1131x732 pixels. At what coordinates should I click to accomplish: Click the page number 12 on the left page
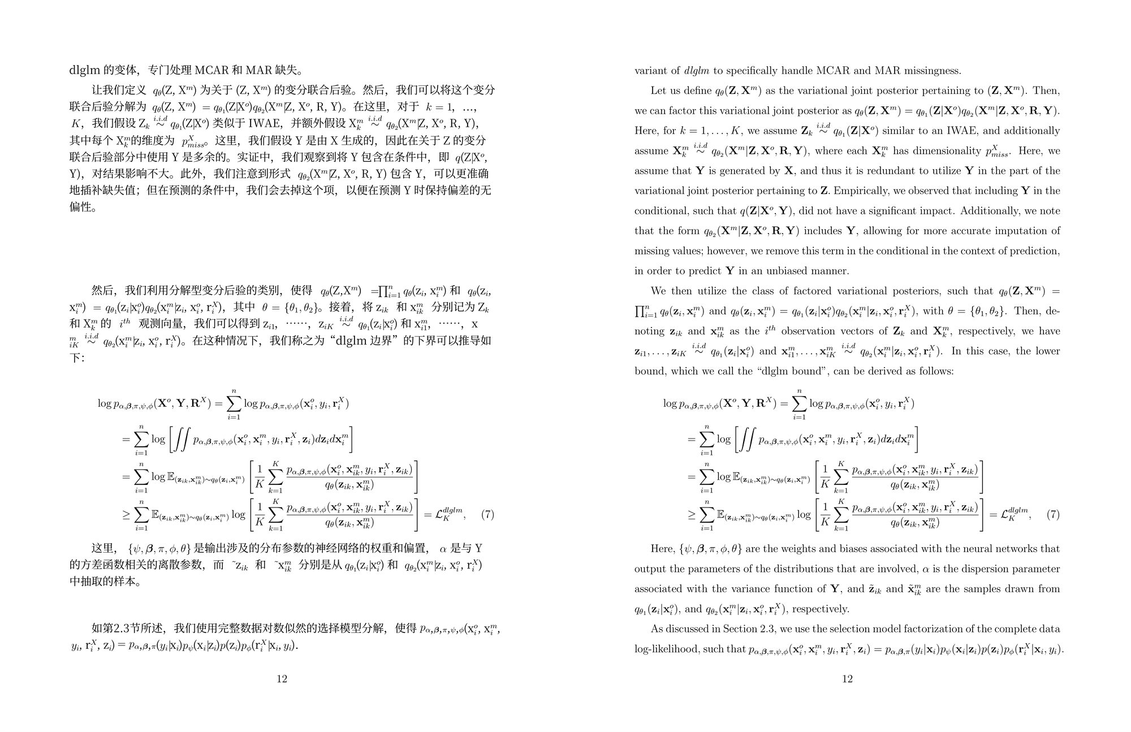(x=282, y=679)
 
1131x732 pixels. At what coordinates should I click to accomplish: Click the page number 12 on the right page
(x=847, y=679)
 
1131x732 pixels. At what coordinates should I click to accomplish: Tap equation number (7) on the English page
(x=1053, y=515)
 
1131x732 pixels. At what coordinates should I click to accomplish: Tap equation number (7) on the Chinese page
(x=487, y=515)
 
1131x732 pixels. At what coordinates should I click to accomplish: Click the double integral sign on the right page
(x=746, y=440)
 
